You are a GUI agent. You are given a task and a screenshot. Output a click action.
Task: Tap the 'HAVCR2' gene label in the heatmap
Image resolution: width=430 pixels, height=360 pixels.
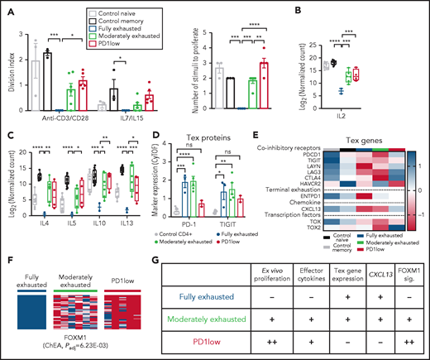coord(318,189)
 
